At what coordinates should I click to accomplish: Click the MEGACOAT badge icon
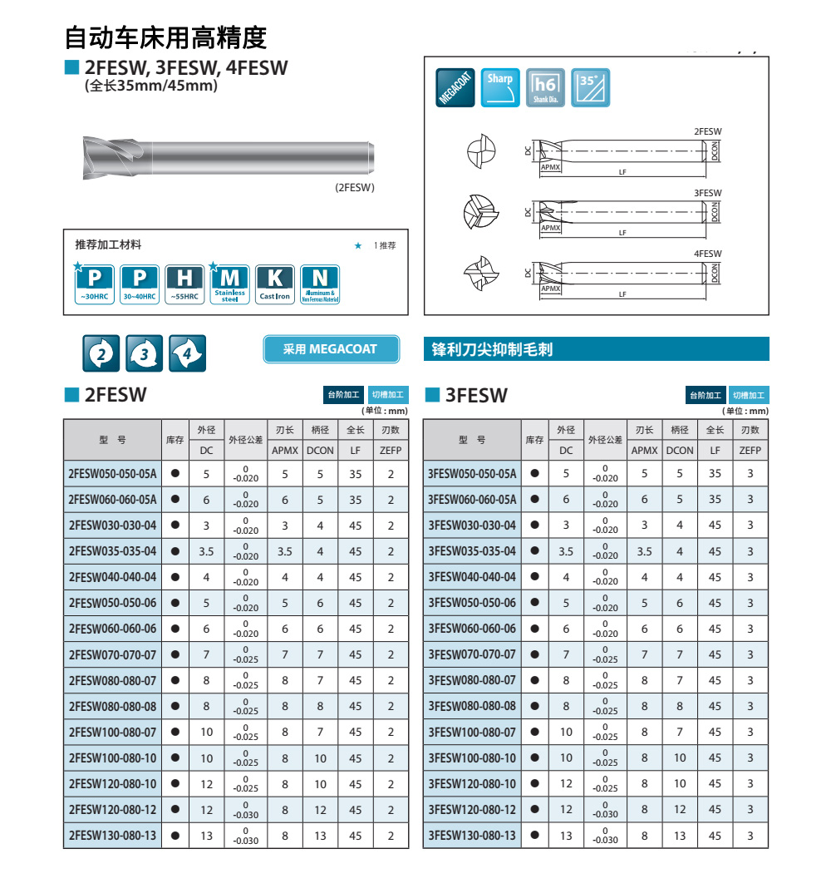[x=456, y=87]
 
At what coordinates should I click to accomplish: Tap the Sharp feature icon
[x=500, y=87]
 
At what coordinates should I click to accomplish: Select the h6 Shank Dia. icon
[x=545, y=87]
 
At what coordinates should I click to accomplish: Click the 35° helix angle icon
[x=590, y=87]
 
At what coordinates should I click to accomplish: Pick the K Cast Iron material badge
[x=274, y=284]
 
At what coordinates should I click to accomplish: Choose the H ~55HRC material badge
[x=184, y=284]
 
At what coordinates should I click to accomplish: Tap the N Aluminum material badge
[x=319, y=284]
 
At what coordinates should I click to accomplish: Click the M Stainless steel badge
[x=229, y=284]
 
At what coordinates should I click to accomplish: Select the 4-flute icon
[x=187, y=353]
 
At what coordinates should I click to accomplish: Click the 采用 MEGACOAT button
[x=331, y=349]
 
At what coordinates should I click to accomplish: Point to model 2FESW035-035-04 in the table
[x=112, y=551]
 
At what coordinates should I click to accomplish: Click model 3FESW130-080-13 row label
[x=472, y=836]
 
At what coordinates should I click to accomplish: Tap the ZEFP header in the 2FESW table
[x=391, y=451]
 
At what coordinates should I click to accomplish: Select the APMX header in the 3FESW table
[x=644, y=451]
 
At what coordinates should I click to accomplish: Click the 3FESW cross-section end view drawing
[x=481, y=212]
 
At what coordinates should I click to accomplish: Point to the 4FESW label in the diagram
[x=707, y=254]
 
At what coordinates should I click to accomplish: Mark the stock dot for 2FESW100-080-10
[x=175, y=758]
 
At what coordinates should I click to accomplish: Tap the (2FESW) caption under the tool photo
[x=355, y=188]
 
